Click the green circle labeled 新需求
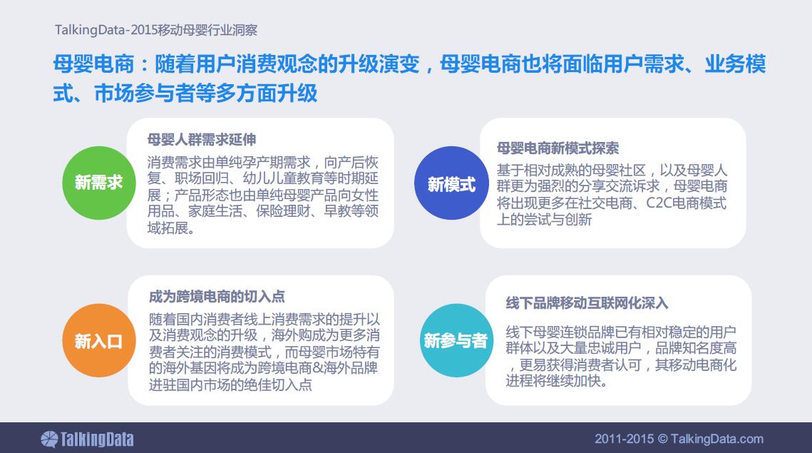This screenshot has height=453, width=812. click(99, 183)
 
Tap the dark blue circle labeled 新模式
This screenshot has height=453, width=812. click(451, 183)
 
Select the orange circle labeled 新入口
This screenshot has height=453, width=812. click(99, 340)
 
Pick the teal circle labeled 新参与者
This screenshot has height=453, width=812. click(456, 340)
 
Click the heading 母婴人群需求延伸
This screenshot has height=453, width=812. click(202, 139)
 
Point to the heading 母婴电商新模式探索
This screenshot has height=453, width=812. click(557, 148)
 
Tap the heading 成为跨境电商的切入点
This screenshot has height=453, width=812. click(217, 297)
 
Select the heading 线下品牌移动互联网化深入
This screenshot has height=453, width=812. click(587, 303)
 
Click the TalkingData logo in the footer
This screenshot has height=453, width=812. click(87, 439)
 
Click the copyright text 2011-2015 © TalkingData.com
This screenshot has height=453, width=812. click(679, 439)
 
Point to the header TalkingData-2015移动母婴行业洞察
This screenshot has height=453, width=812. click(156, 30)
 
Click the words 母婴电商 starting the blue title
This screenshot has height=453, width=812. click(93, 64)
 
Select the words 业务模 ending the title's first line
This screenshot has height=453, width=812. click(735, 64)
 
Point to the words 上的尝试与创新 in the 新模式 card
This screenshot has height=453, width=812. click(544, 219)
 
